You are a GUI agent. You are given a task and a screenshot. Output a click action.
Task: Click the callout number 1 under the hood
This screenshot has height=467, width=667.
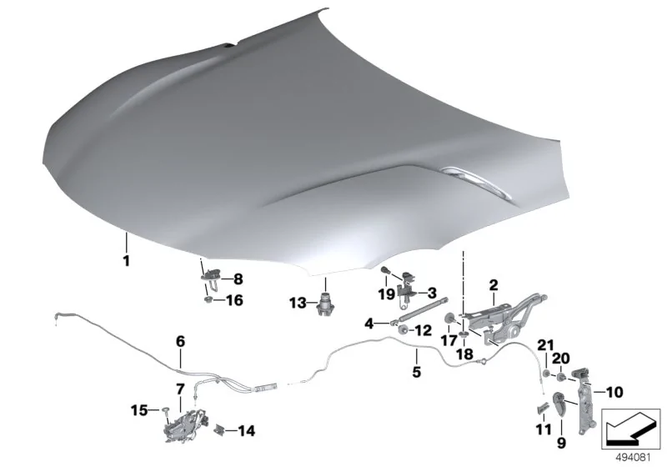(x=126, y=260)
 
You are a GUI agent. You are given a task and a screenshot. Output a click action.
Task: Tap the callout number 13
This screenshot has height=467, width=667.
(x=298, y=304)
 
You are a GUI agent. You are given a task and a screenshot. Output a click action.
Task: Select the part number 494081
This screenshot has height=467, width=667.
(x=633, y=458)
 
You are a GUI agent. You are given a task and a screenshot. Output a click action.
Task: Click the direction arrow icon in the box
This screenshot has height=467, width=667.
(x=630, y=428)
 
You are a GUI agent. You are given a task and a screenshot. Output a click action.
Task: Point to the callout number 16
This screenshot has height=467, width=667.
(x=234, y=301)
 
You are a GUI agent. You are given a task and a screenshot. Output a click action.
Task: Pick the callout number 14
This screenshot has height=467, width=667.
(x=246, y=431)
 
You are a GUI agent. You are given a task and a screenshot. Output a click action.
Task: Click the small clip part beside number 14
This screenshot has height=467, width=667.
(x=220, y=430)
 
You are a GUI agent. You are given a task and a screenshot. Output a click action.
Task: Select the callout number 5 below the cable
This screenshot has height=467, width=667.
(x=416, y=372)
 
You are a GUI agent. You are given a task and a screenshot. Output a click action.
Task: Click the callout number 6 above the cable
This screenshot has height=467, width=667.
(x=180, y=341)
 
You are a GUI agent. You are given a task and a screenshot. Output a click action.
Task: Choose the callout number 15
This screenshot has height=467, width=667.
(x=139, y=410)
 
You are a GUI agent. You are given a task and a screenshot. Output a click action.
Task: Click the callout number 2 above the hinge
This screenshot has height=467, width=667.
(x=494, y=285)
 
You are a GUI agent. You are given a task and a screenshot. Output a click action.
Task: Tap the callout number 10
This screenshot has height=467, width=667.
(x=614, y=392)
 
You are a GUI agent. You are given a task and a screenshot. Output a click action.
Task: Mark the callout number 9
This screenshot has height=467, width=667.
(x=561, y=443)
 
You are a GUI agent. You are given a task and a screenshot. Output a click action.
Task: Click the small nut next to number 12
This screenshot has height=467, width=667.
(x=403, y=329)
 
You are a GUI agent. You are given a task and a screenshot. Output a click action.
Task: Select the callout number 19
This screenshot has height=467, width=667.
(x=387, y=294)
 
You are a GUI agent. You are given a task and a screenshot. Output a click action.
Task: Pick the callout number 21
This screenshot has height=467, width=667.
(x=546, y=345)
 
